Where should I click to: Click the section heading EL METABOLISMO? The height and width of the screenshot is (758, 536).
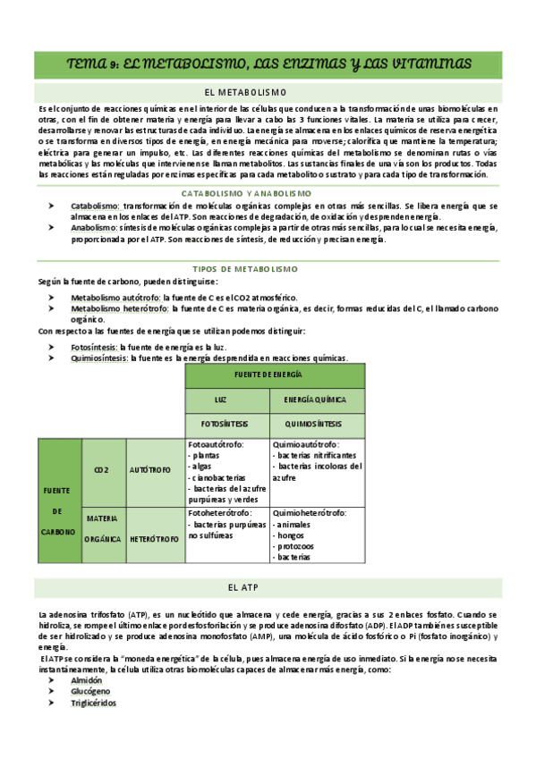(x=245, y=91)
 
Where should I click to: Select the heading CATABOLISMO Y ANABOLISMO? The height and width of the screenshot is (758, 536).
(x=246, y=193)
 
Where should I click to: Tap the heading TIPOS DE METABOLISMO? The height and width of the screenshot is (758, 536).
(x=246, y=268)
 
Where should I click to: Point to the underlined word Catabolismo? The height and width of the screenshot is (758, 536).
(x=94, y=206)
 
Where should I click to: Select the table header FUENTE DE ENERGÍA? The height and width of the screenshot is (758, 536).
(x=275, y=375)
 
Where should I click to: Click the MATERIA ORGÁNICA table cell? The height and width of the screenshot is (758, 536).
(x=104, y=529)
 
